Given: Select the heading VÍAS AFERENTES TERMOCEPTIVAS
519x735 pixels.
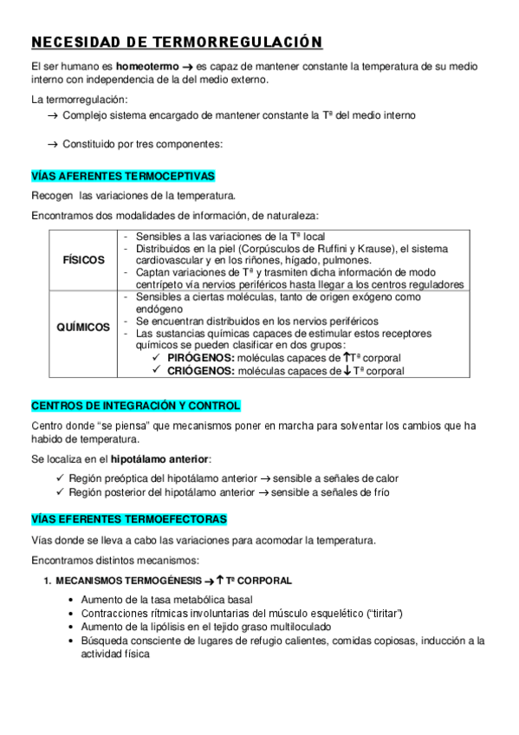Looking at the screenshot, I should pos(122,175).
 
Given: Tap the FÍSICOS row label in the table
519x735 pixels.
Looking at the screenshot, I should pos(84,260).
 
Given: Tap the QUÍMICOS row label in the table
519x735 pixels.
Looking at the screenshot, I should pos(83,328).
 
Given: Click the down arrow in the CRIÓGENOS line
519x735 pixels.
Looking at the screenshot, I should pos(347,371).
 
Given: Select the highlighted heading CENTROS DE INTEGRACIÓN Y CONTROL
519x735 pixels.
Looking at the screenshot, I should pos(136,406).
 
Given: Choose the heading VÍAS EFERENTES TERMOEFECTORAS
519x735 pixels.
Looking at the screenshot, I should pos(129,519).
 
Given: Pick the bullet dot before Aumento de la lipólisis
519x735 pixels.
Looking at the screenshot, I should pos(71,627).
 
